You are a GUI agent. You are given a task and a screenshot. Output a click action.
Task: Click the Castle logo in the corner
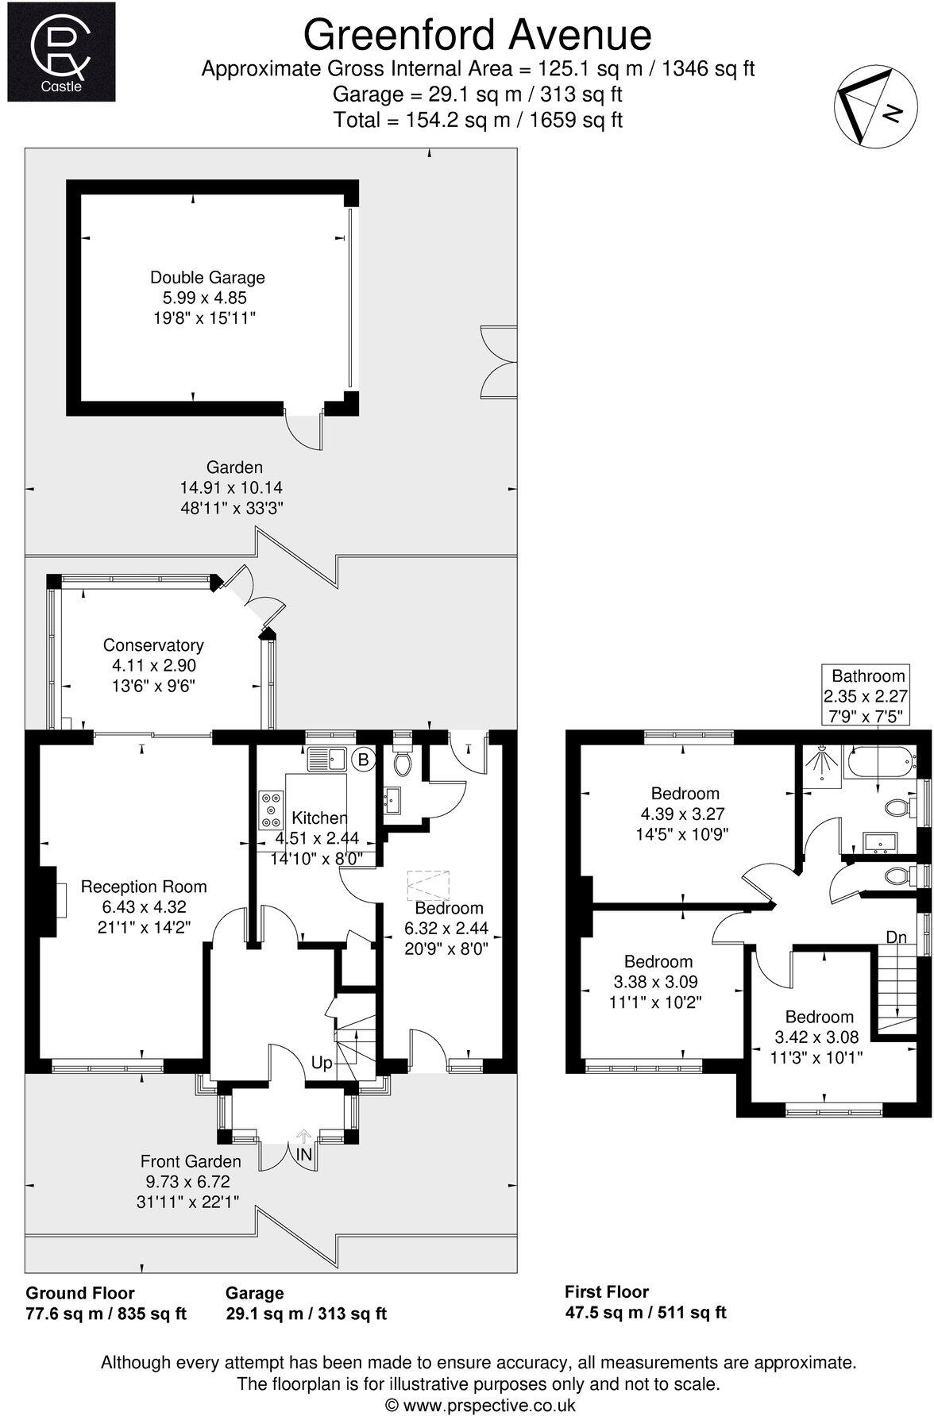pos(61,52)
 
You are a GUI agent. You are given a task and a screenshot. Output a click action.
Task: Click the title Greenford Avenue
pos(477,35)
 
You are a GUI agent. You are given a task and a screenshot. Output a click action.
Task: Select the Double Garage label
pos(207,278)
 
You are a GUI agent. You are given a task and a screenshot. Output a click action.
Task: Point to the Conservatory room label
pos(153,645)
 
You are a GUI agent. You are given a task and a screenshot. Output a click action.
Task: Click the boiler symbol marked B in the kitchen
pos(364,760)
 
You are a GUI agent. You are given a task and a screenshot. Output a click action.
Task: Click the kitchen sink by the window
pos(326,759)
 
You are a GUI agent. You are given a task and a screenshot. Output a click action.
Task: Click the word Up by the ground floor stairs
pos(321,1063)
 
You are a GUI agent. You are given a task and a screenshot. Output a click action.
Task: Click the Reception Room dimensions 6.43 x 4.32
pos(144,906)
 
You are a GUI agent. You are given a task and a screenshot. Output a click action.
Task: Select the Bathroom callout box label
pos(867,676)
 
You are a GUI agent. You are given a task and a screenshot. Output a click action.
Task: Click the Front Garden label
pos(191,1161)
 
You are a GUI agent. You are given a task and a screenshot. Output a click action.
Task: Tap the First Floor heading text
pos(606,1291)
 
